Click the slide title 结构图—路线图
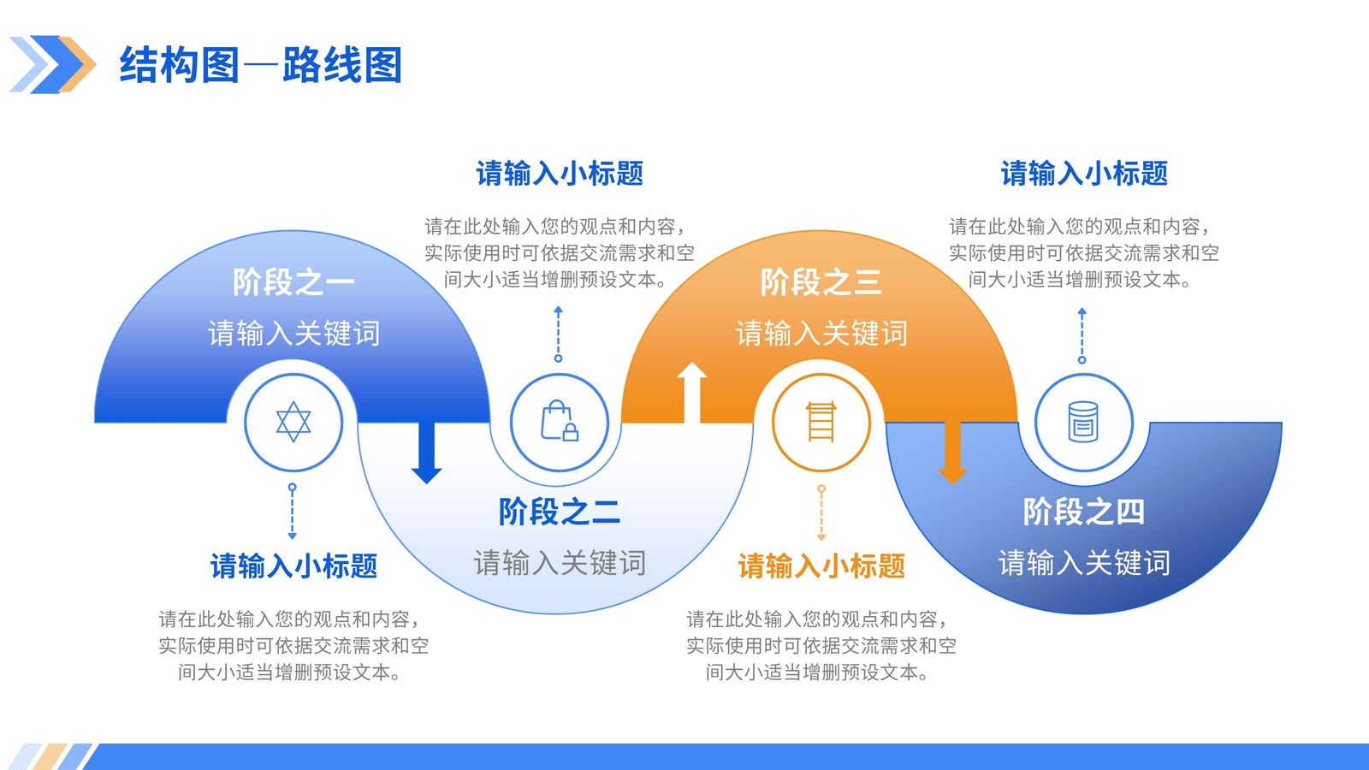point(260,65)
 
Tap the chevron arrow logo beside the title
point(52,64)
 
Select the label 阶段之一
point(293,282)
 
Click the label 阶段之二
point(560,512)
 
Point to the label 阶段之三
point(821,282)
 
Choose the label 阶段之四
point(1083,512)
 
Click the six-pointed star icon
point(293,422)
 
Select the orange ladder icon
point(821,422)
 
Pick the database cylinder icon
point(1083,422)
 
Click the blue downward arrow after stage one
point(427,453)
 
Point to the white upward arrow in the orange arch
point(692,392)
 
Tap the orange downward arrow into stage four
point(952,453)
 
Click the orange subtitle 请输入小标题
point(821,566)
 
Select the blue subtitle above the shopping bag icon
point(560,174)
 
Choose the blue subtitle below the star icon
point(293,566)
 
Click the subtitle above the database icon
point(1083,174)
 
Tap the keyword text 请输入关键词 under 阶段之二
point(560,563)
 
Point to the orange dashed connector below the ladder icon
point(821,512)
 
